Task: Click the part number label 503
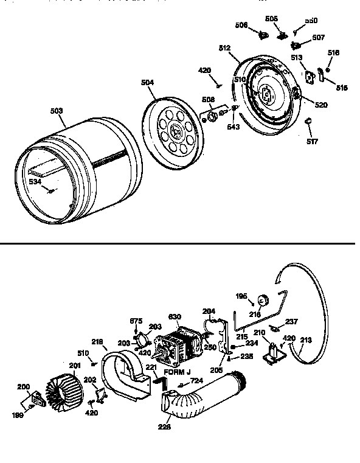coord(56,111)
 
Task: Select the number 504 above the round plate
coord(148,83)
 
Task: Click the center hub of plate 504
coord(176,130)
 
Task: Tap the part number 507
coord(319,38)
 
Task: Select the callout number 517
coord(312,143)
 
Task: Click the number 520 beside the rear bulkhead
coord(320,105)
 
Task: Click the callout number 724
coord(196,381)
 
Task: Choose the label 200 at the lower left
coord(24,387)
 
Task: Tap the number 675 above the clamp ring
coord(137,321)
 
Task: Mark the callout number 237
coord(291,322)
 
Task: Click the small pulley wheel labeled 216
coord(265,299)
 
